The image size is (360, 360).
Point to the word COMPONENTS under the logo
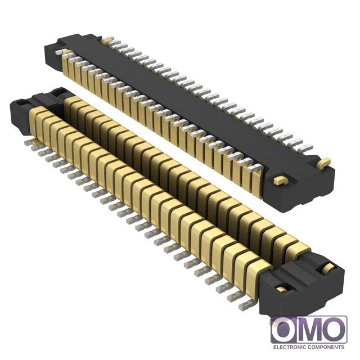tap(326, 347)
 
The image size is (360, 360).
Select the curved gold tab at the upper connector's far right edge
tap(325, 163)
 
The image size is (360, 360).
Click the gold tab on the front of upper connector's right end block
tap(280, 180)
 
